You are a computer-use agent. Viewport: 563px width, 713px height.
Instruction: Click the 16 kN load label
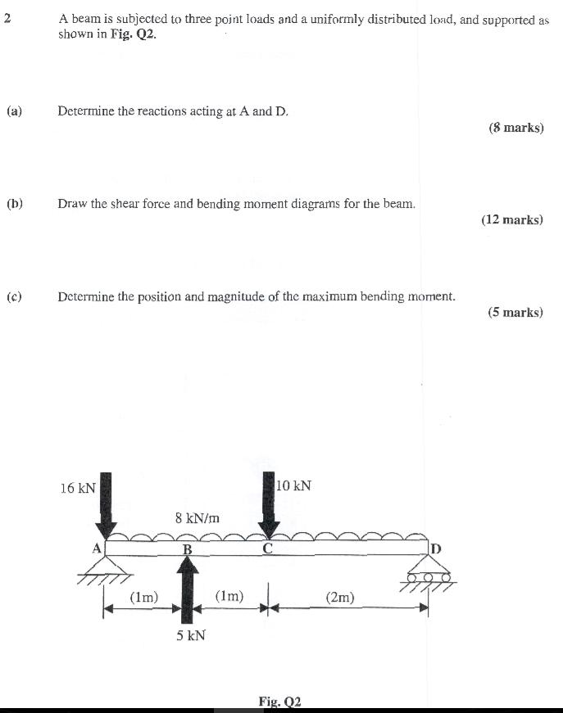pyautogui.click(x=78, y=488)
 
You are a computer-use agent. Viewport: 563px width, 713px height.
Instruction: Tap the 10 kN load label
pyautogui.click(x=294, y=485)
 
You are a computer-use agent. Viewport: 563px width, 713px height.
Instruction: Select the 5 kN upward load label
pyautogui.click(x=190, y=634)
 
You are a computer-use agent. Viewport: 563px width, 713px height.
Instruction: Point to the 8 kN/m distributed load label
pyautogui.click(x=198, y=517)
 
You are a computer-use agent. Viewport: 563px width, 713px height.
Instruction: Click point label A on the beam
pyautogui.click(x=96, y=548)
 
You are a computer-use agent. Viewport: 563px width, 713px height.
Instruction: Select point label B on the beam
pyautogui.click(x=187, y=549)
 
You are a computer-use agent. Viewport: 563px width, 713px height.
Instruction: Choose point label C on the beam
pyautogui.click(x=268, y=548)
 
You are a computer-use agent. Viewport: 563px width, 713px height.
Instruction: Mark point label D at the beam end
pyautogui.click(x=435, y=547)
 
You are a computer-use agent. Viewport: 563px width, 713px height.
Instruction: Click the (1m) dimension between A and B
pyautogui.click(x=144, y=598)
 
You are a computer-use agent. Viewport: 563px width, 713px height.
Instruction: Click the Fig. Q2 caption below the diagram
pyautogui.click(x=280, y=702)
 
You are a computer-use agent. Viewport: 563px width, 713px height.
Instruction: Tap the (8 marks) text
pyautogui.click(x=515, y=128)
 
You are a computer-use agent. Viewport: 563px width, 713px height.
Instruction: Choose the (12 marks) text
pyautogui.click(x=512, y=219)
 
